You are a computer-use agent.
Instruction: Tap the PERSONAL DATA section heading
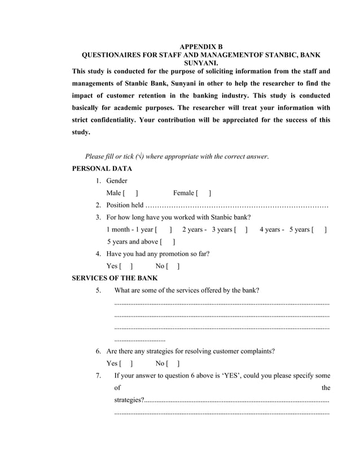point(103,169)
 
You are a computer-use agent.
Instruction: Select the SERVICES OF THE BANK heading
point(116,278)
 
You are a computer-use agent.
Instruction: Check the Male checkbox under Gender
point(130,194)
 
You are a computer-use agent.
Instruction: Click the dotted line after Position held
point(237,205)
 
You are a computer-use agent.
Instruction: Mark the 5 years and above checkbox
point(168,242)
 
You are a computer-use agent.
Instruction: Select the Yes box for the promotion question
point(126,266)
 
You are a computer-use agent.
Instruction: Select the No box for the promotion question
point(173,266)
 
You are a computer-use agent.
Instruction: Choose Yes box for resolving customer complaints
point(126,363)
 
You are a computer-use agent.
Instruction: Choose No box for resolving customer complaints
point(173,363)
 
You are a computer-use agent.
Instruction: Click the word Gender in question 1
point(117,181)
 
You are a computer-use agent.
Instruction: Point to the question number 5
point(98,291)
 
